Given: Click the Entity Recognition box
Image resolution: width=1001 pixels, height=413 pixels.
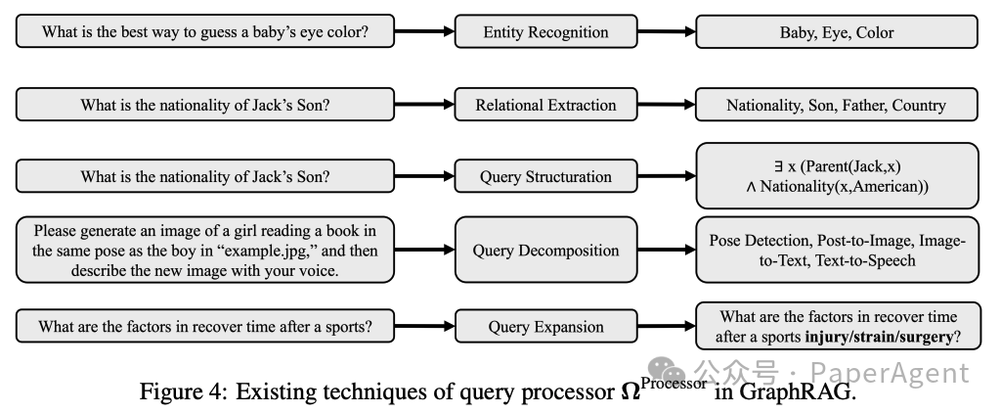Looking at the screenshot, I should (x=544, y=32).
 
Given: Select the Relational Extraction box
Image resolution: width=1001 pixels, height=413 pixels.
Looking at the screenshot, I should (x=544, y=105).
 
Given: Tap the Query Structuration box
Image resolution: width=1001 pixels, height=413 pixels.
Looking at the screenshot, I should (x=544, y=177).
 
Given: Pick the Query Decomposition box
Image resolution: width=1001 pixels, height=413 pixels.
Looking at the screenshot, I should (x=544, y=250).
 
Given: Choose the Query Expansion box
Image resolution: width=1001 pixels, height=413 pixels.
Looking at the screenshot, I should (x=544, y=327).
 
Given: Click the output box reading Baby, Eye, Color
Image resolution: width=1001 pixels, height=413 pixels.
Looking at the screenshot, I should (x=836, y=32).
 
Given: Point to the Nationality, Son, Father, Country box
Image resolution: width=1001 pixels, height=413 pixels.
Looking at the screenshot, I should (x=836, y=105).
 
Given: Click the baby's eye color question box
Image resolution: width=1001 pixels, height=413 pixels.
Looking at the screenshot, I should (x=205, y=32).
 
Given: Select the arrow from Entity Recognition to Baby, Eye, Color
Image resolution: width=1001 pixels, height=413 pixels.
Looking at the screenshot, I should (x=664, y=32).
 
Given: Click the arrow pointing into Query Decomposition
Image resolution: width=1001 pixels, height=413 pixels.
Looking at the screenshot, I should (x=424, y=250).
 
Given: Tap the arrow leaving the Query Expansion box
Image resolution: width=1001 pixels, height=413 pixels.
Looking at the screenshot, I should (x=664, y=327).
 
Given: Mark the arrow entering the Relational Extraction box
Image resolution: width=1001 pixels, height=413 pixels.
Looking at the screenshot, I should (x=424, y=105).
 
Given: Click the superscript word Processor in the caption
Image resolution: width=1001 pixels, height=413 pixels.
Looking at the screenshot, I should (x=674, y=383).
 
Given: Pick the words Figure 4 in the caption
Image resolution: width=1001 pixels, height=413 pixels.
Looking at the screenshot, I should (x=176, y=392).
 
